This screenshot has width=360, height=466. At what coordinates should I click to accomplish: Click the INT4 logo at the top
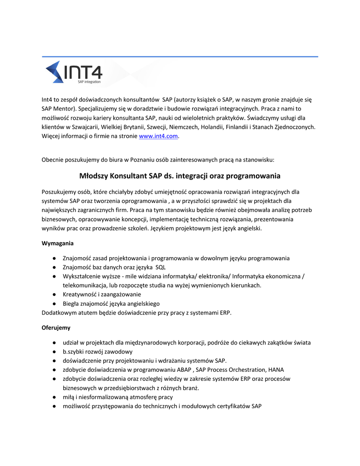(74, 73)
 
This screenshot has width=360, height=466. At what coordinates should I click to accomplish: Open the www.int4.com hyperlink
(158, 136)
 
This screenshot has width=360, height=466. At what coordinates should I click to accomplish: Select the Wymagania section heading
(57, 243)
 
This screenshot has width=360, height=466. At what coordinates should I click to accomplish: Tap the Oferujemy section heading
(56, 327)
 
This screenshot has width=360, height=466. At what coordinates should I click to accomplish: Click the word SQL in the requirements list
(160, 267)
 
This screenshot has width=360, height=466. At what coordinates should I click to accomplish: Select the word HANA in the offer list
(277, 370)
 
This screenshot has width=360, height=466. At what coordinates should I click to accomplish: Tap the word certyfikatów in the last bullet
(234, 406)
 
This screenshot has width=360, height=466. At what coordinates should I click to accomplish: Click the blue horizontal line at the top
(180, 57)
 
